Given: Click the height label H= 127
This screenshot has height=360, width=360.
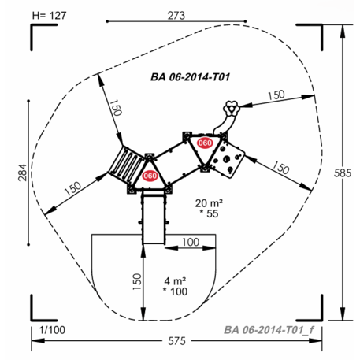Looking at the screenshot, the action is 49,16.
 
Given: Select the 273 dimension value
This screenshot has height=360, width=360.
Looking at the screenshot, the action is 176,16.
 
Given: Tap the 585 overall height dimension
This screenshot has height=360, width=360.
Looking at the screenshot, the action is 343,173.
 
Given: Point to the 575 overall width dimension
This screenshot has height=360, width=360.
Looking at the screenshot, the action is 176,341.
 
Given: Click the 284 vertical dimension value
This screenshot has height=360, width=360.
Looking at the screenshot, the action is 23,173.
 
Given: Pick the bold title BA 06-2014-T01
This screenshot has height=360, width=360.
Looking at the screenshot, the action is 191,77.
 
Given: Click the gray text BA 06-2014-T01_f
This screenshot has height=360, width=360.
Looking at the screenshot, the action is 269,330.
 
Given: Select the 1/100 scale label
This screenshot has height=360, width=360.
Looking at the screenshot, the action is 52,330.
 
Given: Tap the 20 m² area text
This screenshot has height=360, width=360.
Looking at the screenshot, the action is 209,203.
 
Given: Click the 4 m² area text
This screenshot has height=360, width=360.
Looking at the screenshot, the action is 175,281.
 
